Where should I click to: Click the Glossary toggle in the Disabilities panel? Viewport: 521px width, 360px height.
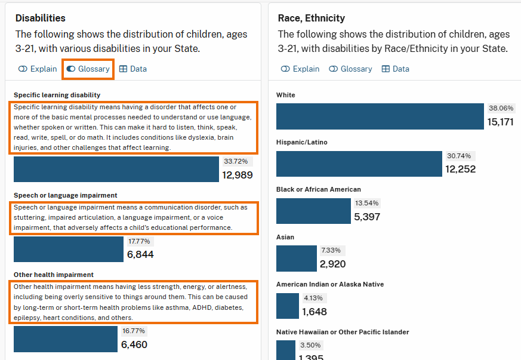88,69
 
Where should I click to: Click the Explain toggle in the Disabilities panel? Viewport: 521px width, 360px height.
38,69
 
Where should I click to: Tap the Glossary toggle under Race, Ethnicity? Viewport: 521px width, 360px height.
350,69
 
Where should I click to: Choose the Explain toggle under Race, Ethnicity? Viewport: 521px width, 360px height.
300,69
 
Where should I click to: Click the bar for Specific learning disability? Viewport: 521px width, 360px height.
116,169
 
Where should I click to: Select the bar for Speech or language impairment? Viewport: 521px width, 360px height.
69,250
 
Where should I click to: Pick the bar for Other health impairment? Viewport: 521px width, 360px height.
66,339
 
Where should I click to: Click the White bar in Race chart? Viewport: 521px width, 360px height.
380,116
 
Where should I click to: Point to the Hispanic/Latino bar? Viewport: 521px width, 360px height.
359,164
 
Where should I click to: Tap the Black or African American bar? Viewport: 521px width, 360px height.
313,211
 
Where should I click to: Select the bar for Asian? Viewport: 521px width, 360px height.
297,258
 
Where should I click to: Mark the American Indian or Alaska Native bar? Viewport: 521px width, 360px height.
288,306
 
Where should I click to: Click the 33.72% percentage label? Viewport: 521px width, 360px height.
237,162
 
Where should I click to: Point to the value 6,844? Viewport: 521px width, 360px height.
140,255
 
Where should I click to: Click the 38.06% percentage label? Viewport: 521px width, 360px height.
501,109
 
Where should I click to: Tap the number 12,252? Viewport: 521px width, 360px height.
460,170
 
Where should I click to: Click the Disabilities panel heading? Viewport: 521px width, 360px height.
41,19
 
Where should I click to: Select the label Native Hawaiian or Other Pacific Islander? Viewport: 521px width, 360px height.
343,332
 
